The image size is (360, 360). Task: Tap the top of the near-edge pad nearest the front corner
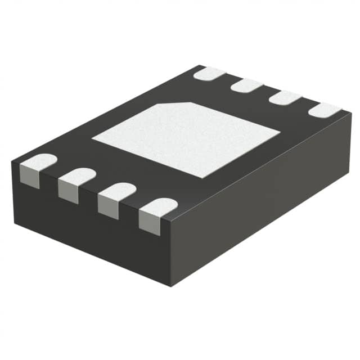[159, 206]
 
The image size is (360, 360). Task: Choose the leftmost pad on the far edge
[209, 73]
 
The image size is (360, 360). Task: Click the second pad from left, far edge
[247, 85]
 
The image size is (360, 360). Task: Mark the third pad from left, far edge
[285, 97]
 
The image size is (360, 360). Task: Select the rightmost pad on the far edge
[325, 110]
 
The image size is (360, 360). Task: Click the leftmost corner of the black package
[12, 163]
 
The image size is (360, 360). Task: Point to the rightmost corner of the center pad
[280, 133]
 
